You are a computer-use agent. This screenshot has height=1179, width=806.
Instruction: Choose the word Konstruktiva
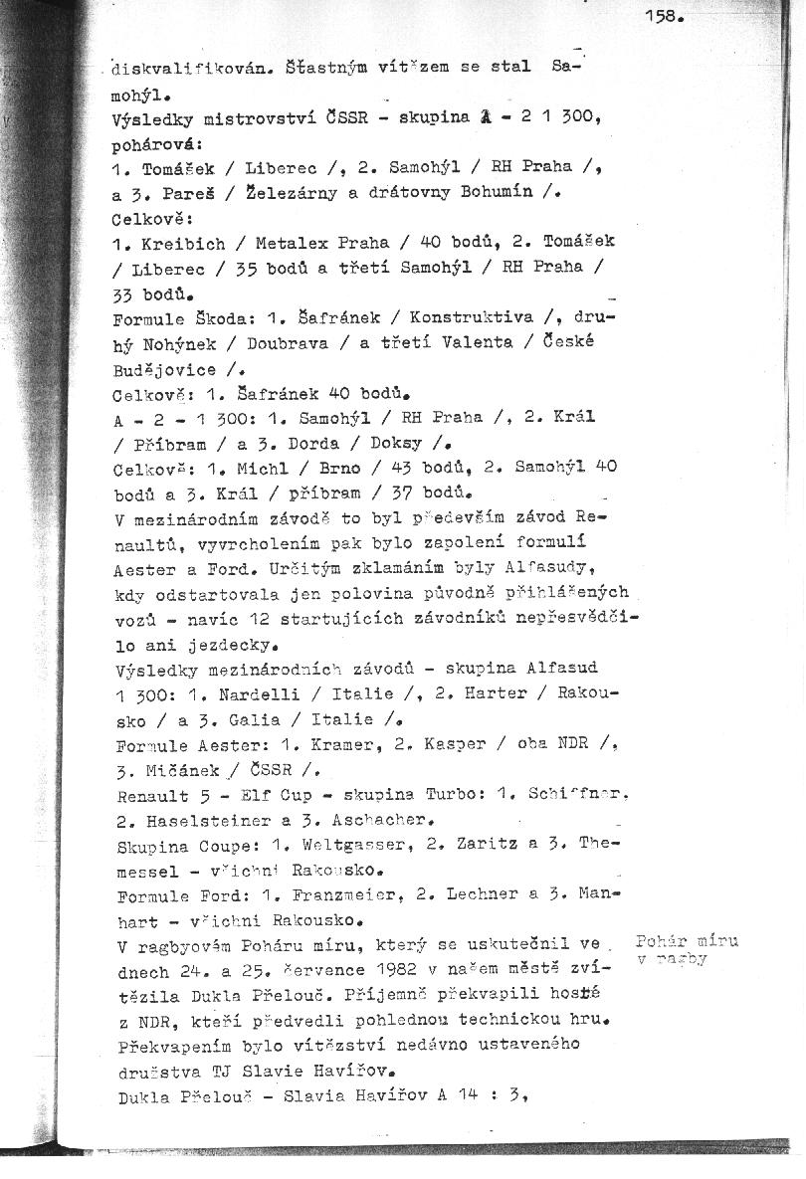[469, 318]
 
